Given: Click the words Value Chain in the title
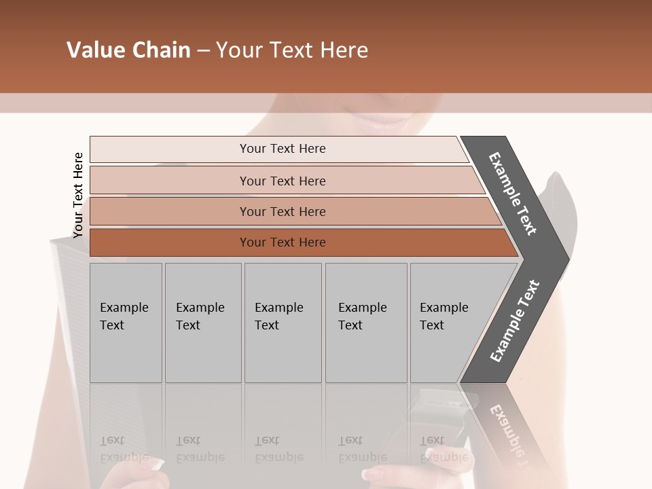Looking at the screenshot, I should coord(128,50).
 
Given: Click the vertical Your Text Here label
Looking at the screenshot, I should coord(78,195).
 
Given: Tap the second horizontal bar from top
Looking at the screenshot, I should coord(283,181).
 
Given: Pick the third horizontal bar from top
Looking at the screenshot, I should coord(283,211).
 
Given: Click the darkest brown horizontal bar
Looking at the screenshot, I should coord(283,242).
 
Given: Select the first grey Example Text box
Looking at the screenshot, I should coord(126,322).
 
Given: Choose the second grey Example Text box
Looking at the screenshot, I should coord(202,322).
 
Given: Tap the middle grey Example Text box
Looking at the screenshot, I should coord(282,322).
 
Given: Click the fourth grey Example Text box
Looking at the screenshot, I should coord(365,322).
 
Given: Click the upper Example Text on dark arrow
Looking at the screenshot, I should coord(513,194).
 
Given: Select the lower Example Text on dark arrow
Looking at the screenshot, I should coord(514,321).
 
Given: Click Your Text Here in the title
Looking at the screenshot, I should coord(292,50).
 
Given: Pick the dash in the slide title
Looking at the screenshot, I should coord(203,51).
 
